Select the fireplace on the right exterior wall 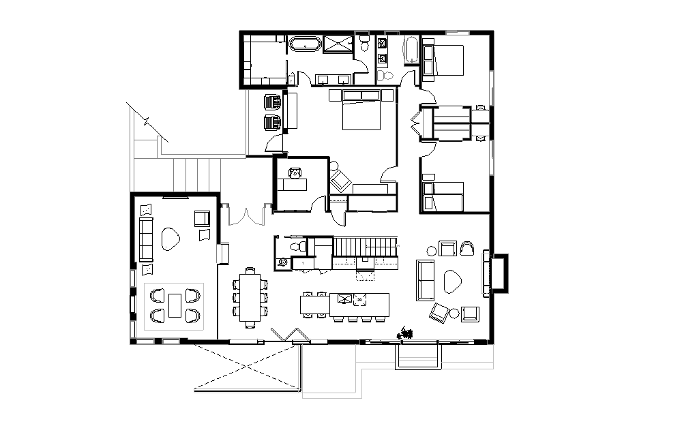click(x=497, y=273)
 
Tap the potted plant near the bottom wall click(x=407, y=333)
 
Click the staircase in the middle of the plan click(x=365, y=247)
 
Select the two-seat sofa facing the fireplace click(x=426, y=280)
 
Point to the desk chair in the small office click(x=295, y=172)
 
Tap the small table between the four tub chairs click(x=175, y=305)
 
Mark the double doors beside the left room click(x=246, y=215)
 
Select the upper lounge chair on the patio click(x=272, y=102)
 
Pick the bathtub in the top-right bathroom click(x=411, y=50)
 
